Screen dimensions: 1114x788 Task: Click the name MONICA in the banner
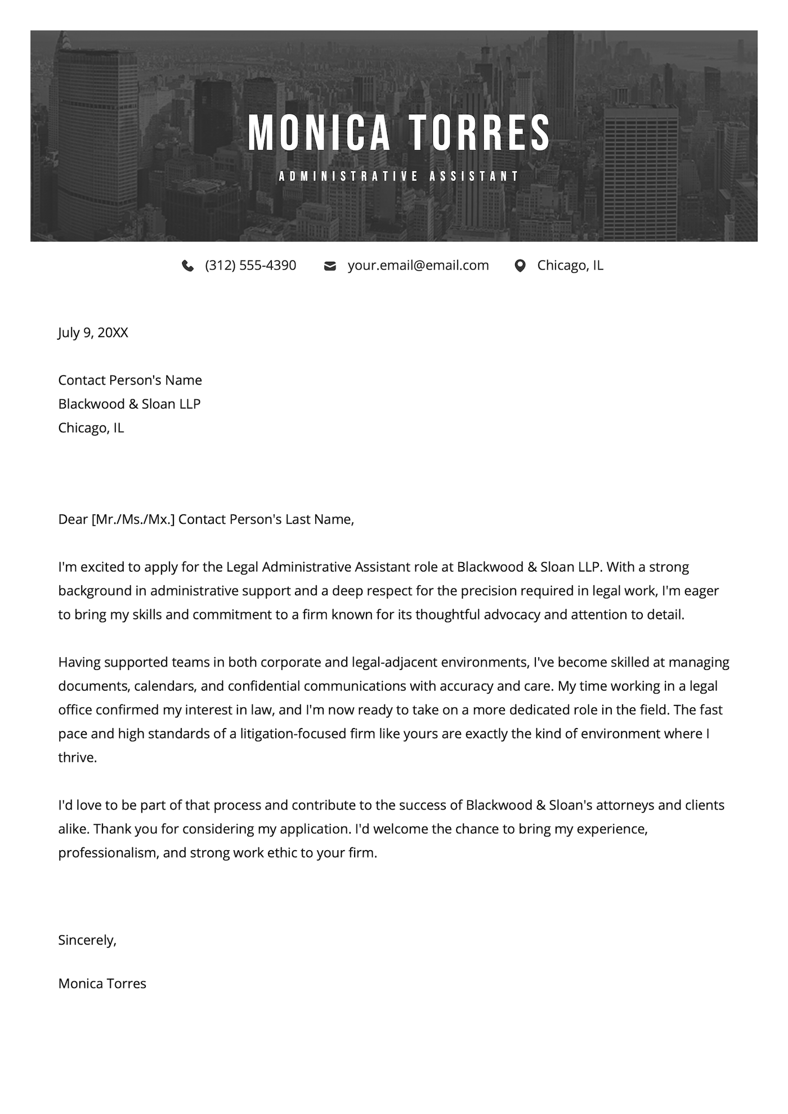coord(319,133)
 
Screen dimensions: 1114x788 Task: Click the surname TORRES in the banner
coord(478,133)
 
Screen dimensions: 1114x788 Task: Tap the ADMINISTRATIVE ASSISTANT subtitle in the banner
coord(399,176)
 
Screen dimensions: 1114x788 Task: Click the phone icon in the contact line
coord(188,266)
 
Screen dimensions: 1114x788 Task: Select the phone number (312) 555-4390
coord(250,266)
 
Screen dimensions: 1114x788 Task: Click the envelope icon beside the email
coord(330,266)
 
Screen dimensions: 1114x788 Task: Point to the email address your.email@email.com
coord(418,266)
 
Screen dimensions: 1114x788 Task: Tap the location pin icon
coord(520,266)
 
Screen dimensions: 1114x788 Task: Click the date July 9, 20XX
coord(93,333)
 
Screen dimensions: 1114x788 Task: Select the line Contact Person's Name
coord(130,380)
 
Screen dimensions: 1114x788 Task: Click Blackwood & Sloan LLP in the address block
coord(129,404)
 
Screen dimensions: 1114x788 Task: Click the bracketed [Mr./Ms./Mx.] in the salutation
coord(133,519)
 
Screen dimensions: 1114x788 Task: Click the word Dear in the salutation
coord(73,519)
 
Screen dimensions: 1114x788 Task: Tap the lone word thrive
coord(77,758)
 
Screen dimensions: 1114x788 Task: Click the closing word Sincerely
coord(87,940)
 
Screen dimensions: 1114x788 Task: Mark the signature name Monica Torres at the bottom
coord(102,983)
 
